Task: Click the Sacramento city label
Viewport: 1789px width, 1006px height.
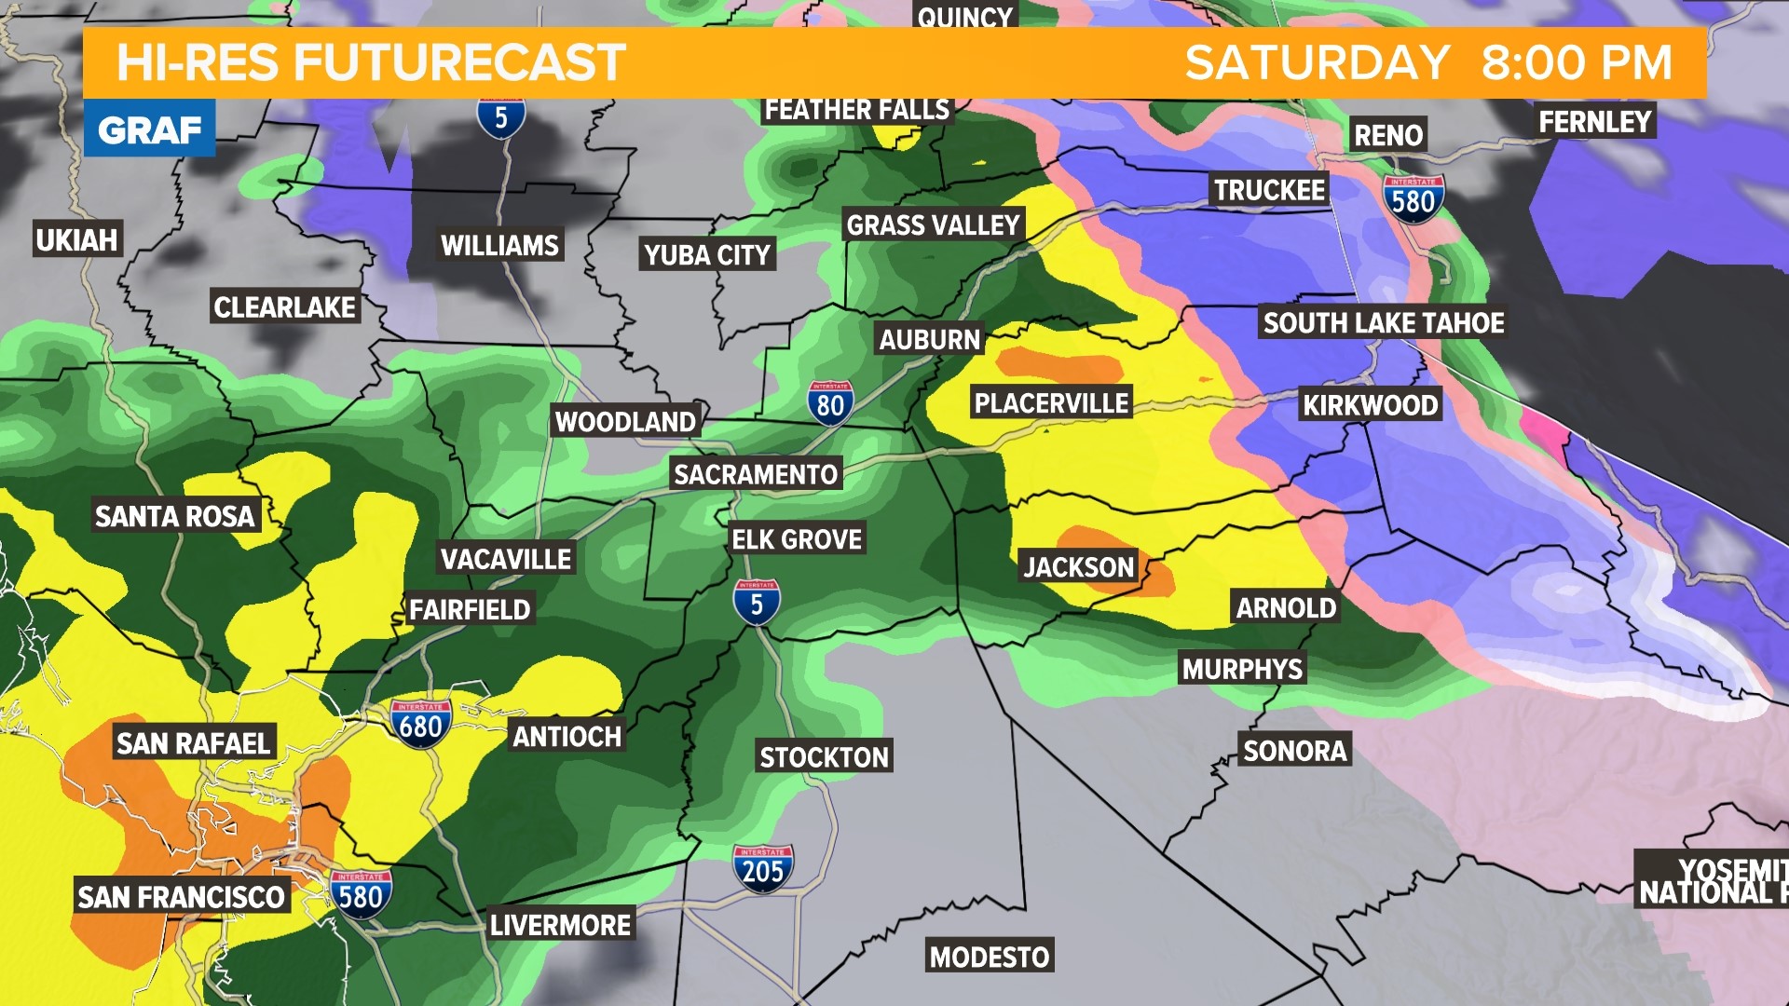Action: click(x=755, y=474)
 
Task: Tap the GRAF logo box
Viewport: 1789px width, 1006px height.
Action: click(x=149, y=129)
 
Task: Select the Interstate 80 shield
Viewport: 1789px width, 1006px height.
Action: click(x=829, y=403)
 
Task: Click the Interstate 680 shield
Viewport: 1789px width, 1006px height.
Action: click(x=420, y=724)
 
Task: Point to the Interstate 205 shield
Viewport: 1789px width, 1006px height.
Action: click(x=763, y=869)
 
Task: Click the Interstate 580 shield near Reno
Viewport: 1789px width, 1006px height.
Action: click(x=1413, y=199)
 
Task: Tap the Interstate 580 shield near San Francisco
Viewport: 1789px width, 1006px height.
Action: click(x=360, y=894)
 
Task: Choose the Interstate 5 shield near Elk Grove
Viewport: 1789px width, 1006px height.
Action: click(x=756, y=603)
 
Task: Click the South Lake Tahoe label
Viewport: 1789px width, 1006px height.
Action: click(x=1383, y=323)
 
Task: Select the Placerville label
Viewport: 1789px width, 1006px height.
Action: click(x=1051, y=402)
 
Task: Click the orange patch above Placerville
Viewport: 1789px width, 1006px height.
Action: click(x=1058, y=364)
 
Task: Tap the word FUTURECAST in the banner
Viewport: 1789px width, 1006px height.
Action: click(x=459, y=63)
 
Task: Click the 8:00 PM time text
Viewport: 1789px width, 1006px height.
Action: click(x=1577, y=63)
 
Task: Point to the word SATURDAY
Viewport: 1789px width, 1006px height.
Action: click(x=1317, y=63)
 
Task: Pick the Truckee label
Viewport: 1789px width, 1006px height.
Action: click(x=1269, y=190)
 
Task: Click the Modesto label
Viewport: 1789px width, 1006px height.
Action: click(x=990, y=956)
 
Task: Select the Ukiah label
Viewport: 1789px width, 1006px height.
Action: click(x=76, y=239)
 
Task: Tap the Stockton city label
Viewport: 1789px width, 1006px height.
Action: click(x=824, y=756)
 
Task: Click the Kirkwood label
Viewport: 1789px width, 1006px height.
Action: click(x=1370, y=404)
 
